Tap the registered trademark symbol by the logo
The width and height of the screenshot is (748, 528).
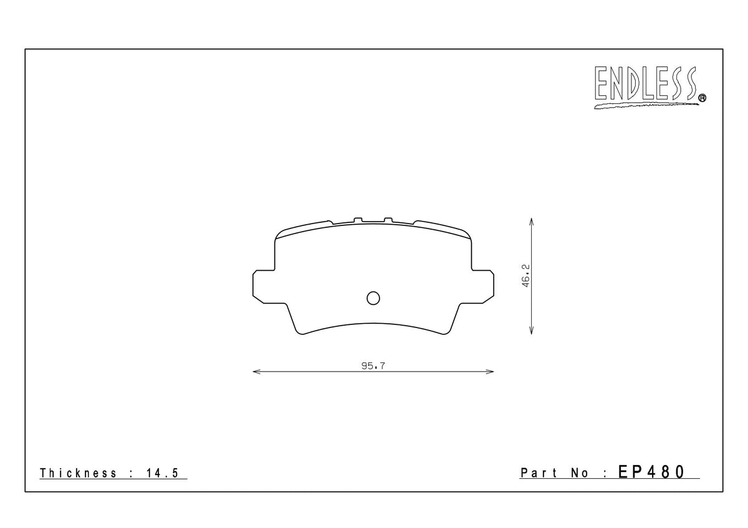point(702,97)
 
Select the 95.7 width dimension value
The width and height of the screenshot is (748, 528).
point(373,366)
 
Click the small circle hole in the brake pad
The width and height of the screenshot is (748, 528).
point(373,298)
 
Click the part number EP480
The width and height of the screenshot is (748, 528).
point(651,472)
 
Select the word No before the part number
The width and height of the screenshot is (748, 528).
point(579,473)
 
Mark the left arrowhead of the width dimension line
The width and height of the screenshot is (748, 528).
point(255,372)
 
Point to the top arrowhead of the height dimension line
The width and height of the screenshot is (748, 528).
point(530,221)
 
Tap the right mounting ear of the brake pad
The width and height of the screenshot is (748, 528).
point(484,287)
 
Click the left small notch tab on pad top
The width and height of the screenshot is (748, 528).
point(357,219)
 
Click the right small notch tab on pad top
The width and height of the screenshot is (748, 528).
point(388,219)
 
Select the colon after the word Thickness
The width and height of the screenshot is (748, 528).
point(132,473)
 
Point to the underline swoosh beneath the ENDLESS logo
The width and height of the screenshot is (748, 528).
point(646,106)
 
